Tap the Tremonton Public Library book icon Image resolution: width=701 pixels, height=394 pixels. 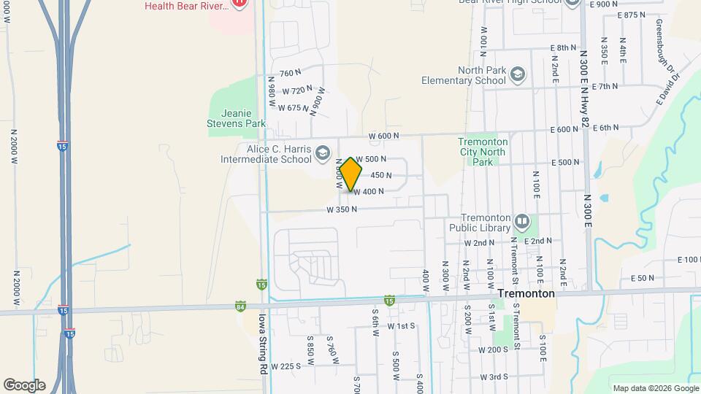pyautogui.click(x=521, y=220)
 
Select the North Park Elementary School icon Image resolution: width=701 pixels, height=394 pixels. pyautogui.click(x=517, y=74)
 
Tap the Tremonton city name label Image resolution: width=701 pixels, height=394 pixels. pyautogui.click(x=526, y=293)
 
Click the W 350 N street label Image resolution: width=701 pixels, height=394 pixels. pyautogui.click(x=342, y=209)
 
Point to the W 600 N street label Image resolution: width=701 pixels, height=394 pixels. pyautogui.click(x=384, y=136)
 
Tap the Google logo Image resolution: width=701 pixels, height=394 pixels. pyautogui.click(x=24, y=385)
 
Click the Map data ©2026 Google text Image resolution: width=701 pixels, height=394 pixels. pyautogui.click(x=654, y=388)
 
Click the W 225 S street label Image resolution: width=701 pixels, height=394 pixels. pyautogui.click(x=286, y=366)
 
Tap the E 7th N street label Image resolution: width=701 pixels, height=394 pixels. pyautogui.click(x=605, y=86)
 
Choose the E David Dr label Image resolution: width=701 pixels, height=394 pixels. pyautogui.click(x=667, y=89)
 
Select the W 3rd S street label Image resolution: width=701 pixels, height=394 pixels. pyautogui.click(x=494, y=377)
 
